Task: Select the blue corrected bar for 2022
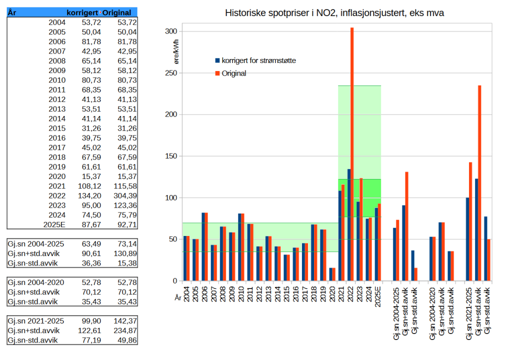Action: pyautogui.click(x=348, y=225)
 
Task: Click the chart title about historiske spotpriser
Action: pyautogui.click(x=334, y=13)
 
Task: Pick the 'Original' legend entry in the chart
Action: pyautogui.click(x=234, y=73)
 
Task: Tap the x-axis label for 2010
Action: pyautogui.click(x=241, y=293)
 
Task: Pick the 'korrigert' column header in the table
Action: pyautogui.click(x=82, y=12)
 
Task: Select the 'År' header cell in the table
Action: pyautogui.click(x=12, y=12)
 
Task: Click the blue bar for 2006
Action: pyautogui.click(x=203, y=246)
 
